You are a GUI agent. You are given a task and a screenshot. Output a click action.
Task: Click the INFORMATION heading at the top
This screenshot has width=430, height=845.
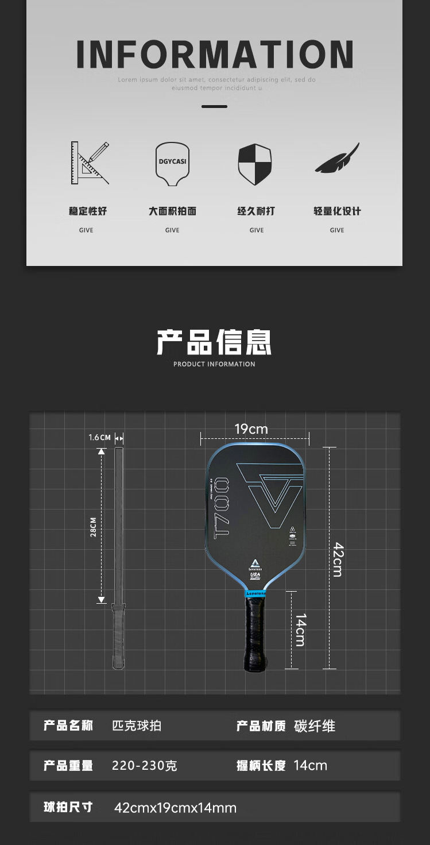click(x=215, y=55)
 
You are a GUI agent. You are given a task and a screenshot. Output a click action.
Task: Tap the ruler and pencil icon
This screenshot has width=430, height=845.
click(x=90, y=163)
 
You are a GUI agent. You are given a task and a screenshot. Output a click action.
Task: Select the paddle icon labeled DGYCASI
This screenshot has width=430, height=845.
click(x=172, y=163)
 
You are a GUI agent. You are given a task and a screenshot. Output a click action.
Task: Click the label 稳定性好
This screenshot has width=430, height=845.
click(x=88, y=211)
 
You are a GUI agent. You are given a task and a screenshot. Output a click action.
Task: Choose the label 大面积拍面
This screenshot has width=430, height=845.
click(x=172, y=211)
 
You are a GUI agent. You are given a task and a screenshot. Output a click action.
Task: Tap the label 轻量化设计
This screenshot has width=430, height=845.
click(x=337, y=211)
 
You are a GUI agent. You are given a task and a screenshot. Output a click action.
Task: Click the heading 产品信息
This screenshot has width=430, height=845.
click(x=214, y=342)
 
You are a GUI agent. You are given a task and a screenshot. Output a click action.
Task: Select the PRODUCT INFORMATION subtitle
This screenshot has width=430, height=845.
click(x=214, y=364)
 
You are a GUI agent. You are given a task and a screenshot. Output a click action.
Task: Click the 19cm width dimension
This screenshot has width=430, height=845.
click(x=251, y=429)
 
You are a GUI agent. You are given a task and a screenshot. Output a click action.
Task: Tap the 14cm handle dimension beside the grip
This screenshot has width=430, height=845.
click(x=300, y=630)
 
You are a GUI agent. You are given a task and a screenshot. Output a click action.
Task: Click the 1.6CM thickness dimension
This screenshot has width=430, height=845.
click(x=99, y=438)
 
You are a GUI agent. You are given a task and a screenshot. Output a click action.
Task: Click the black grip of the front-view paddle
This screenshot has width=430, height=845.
click(x=255, y=632)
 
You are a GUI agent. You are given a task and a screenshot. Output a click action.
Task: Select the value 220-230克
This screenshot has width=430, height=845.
click(x=145, y=766)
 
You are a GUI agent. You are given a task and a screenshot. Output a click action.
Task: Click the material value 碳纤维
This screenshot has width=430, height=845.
click(x=315, y=726)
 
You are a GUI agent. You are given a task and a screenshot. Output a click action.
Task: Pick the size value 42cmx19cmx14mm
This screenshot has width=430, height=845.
click(x=175, y=808)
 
